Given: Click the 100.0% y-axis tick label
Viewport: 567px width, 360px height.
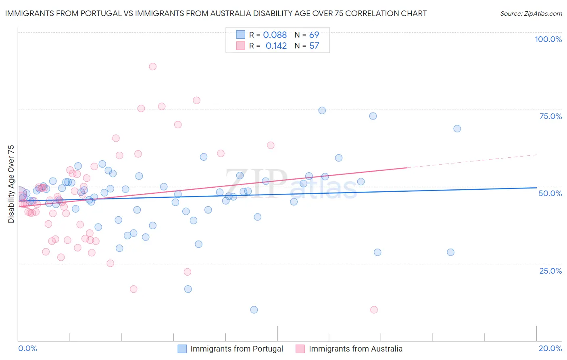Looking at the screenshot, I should click(x=548, y=39).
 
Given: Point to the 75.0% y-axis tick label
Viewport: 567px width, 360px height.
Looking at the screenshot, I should click(x=550, y=116).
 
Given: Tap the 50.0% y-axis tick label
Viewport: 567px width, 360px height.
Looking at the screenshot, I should click(x=550, y=193).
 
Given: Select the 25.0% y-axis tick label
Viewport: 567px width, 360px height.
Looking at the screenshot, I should click(x=550, y=271).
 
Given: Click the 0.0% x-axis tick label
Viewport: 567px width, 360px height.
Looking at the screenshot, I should click(x=27, y=348).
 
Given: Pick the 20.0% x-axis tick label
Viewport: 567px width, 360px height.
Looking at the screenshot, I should click(x=550, y=348).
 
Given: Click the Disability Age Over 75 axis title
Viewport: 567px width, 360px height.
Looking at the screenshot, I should click(x=11, y=184).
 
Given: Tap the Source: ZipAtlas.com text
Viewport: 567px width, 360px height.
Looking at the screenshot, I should click(x=531, y=13).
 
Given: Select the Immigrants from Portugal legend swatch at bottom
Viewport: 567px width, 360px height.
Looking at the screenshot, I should click(x=182, y=349).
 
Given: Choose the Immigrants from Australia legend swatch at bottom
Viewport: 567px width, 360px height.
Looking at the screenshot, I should click(x=300, y=349).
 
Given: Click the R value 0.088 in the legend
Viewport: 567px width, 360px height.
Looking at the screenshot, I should click(x=275, y=35).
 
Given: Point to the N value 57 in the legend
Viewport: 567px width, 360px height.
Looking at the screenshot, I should click(x=314, y=46).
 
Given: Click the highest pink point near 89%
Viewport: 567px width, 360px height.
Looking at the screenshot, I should click(x=152, y=67).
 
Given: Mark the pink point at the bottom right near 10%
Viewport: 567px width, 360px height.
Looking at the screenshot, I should click(x=374, y=310).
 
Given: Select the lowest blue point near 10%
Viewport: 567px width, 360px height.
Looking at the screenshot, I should click(x=254, y=310).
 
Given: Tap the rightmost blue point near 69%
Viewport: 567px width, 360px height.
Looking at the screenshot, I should click(x=457, y=129).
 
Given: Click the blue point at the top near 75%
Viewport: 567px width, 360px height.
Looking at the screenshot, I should click(x=322, y=111).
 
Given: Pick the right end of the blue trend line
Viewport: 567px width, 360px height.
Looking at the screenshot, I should click(x=536, y=188).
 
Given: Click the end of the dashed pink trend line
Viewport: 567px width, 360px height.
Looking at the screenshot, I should click(x=536, y=155).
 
